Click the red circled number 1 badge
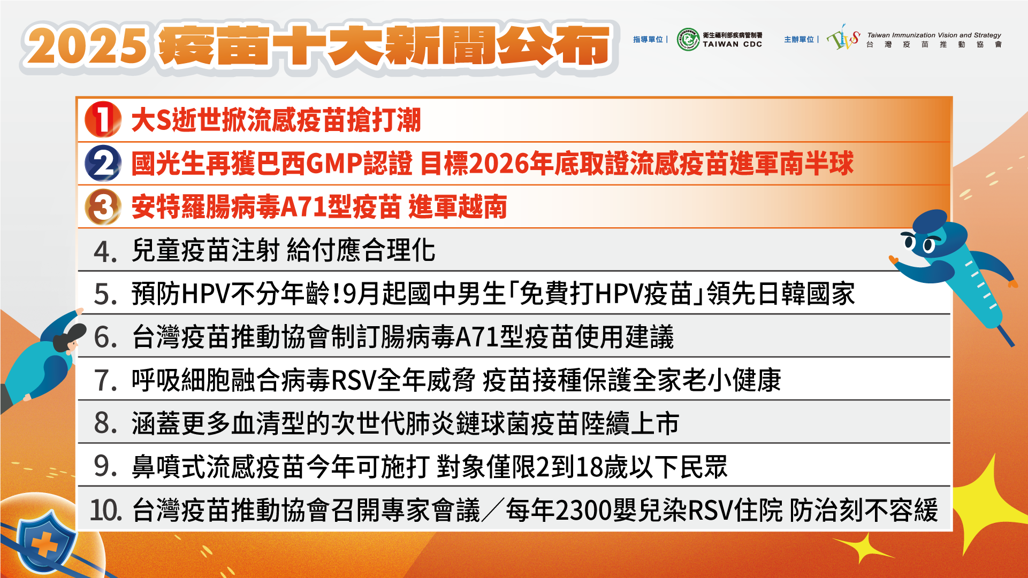[x=103, y=119]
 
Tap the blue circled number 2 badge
[x=103, y=163]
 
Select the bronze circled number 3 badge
[x=103, y=207]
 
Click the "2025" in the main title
[x=86, y=46]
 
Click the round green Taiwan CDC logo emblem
[x=688, y=40]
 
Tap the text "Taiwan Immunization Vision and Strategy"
[x=934, y=35]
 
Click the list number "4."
[x=105, y=251]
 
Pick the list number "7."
[x=105, y=381]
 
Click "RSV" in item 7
[x=354, y=381]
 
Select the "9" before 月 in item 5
[x=349, y=294]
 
